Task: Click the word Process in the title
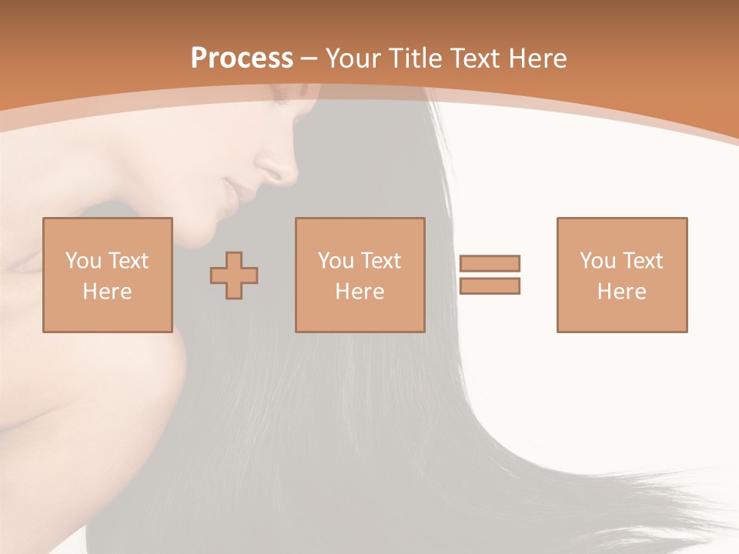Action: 242,58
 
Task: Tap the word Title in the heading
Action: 416,58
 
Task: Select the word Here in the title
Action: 536,58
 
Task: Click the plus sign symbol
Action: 234,275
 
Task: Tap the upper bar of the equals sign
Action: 490,264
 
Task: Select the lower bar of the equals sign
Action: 490,286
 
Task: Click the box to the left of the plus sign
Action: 108,275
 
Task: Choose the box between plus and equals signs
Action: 359,275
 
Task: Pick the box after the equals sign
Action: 622,275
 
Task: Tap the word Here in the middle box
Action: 359,292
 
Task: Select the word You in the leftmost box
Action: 83,261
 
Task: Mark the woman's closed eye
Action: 279,101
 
